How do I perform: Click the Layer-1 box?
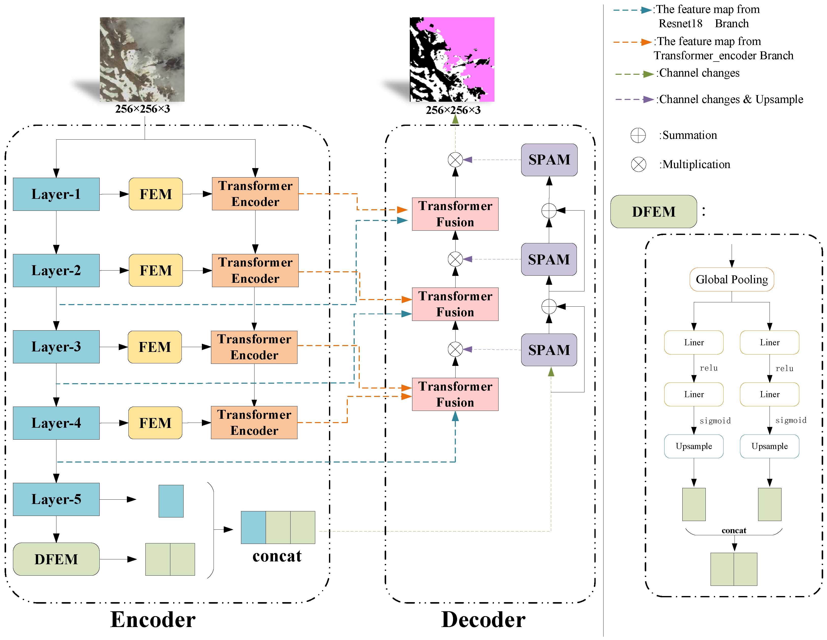click(56, 194)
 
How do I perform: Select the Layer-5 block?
click(56, 499)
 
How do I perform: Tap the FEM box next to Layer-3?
click(155, 347)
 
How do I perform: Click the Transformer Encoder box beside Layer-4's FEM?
click(254, 423)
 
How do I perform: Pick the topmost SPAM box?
click(549, 160)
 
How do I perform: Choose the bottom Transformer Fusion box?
click(455, 394)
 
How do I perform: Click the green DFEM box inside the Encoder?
click(56, 559)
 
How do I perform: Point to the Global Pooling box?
click(732, 279)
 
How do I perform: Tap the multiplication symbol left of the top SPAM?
click(455, 160)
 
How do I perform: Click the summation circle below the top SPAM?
click(549, 211)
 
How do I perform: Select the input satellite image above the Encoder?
click(142, 59)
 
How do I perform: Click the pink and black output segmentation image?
click(452, 59)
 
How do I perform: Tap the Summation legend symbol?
click(638, 135)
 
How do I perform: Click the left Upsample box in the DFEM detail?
click(694, 446)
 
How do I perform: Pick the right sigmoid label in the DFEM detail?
click(791, 420)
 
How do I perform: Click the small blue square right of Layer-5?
click(171, 501)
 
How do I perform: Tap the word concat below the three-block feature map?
click(277, 556)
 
